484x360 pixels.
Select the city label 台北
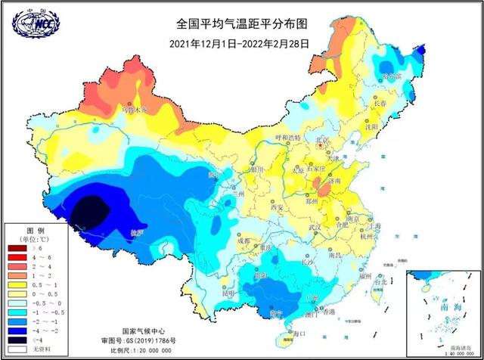click(x=379, y=281)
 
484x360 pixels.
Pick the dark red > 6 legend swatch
click(x=16, y=247)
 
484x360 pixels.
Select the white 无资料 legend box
click(x=16, y=349)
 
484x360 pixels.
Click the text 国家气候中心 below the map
click(x=142, y=331)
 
